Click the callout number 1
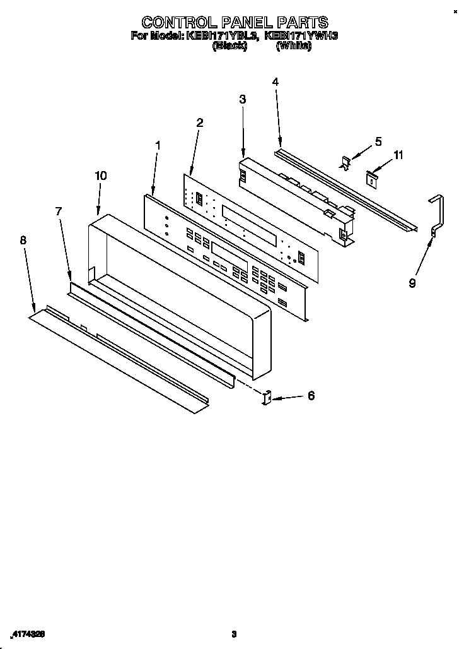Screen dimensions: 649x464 [158, 145]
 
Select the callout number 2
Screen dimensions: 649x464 [199, 122]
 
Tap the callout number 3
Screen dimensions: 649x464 [243, 99]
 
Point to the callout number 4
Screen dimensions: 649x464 [275, 81]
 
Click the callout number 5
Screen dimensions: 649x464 [378, 141]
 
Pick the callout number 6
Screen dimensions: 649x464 [310, 396]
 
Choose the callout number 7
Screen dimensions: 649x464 [59, 211]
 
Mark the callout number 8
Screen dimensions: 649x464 [23, 240]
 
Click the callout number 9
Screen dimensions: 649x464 [412, 283]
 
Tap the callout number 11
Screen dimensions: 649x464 [398, 155]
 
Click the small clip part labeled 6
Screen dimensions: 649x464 [267, 398]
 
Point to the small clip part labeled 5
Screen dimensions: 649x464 [346, 162]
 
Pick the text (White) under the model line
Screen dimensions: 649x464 [293, 45]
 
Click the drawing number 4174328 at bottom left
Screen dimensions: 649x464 [28, 633]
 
